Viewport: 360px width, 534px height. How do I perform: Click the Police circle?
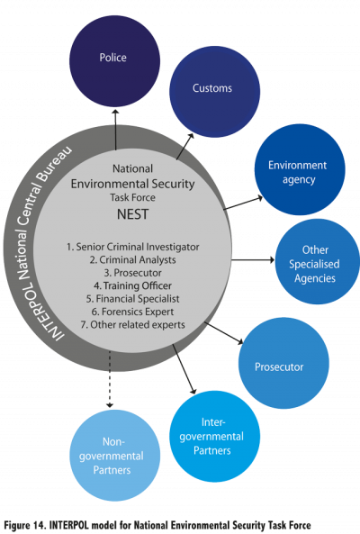(x=114, y=61)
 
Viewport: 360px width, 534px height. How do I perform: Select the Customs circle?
(x=215, y=92)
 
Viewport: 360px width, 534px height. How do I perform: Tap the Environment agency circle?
(x=300, y=169)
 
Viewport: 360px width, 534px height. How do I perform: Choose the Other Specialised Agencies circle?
(x=317, y=261)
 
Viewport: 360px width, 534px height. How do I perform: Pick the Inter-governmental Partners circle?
(x=215, y=436)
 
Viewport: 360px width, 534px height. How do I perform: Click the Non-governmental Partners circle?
(x=114, y=456)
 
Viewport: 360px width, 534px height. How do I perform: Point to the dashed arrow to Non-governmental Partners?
(x=110, y=379)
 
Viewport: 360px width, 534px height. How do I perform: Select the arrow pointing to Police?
(x=116, y=130)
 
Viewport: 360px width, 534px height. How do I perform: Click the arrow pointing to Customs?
(x=185, y=146)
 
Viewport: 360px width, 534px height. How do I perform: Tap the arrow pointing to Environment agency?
(x=243, y=203)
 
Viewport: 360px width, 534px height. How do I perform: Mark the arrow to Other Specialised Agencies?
(x=253, y=260)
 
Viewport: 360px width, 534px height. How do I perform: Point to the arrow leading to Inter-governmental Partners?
(x=184, y=369)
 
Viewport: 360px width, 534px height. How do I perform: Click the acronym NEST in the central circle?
(x=132, y=214)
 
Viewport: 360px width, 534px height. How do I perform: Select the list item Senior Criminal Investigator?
(x=132, y=247)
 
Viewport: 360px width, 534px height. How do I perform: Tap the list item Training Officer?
(x=132, y=285)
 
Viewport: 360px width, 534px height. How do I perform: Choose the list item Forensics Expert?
(x=132, y=312)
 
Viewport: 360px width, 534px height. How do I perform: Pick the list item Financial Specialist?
(x=132, y=299)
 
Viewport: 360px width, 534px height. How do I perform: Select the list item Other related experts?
(x=132, y=324)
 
